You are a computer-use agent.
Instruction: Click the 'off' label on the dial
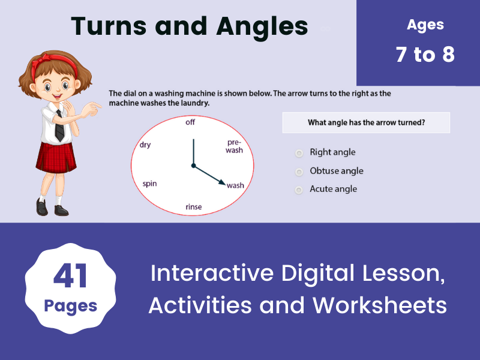click(x=190, y=122)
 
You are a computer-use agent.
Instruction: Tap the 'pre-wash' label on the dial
click(x=234, y=146)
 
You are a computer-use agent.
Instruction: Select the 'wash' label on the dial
click(x=235, y=185)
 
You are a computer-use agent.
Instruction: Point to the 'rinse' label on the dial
click(x=194, y=207)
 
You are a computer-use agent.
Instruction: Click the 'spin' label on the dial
click(x=149, y=183)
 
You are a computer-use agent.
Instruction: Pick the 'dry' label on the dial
click(x=145, y=145)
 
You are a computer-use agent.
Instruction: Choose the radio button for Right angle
click(x=299, y=153)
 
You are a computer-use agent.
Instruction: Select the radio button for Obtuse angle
click(x=299, y=172)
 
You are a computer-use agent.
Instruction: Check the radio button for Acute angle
click(x=299, y=190)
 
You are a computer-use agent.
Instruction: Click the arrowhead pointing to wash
click(x=222, y=183)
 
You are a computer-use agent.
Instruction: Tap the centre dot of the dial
click(x=193, y=166)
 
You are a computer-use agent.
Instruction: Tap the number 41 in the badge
click(x=71, y=277)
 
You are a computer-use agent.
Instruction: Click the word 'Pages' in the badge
click(x=71, y=306)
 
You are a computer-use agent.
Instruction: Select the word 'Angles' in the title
click(x=259, y=26)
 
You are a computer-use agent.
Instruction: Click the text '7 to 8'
click(x=425, y=55)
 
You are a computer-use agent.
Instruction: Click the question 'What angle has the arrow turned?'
click(x=366, y=123)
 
